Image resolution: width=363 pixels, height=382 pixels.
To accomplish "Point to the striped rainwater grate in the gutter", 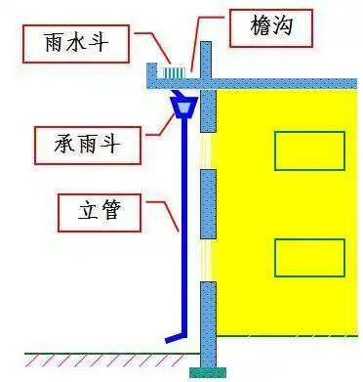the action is coord(174,73).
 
